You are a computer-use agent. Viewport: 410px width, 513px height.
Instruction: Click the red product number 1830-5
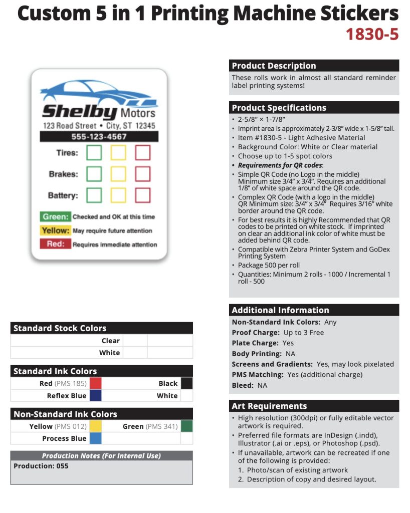(372, 35)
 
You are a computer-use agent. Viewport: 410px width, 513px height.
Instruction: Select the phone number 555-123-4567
(99, 137)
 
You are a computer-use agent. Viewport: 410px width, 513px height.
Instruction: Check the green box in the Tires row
(94, 153)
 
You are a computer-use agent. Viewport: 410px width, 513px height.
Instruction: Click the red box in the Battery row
(143, 195)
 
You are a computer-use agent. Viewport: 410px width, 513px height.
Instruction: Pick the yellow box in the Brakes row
(118, 174)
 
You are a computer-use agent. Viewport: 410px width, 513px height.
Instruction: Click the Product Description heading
(274, 66)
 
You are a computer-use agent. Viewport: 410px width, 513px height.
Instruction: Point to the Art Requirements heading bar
(314, 406)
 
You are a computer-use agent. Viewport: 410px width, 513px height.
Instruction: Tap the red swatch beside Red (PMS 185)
(96, 383)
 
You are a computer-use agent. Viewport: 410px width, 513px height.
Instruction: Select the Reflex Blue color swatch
(96, 395)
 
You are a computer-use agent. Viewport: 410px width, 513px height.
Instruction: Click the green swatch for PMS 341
(186, 426)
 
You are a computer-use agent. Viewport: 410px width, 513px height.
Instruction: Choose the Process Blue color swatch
(96, 438)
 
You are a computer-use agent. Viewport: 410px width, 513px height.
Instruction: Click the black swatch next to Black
(186, 383)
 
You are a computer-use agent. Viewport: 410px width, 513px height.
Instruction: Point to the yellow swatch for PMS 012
(96, 426)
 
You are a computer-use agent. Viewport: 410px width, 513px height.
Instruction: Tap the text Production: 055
(41, 466)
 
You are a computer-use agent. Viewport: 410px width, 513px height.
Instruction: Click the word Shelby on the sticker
(79, 111)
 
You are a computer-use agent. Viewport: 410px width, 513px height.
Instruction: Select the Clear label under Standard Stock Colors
(110, 341)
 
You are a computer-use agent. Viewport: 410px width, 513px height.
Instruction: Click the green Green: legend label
(55, 217)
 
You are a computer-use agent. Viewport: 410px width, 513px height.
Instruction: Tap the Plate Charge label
(255, 343)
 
